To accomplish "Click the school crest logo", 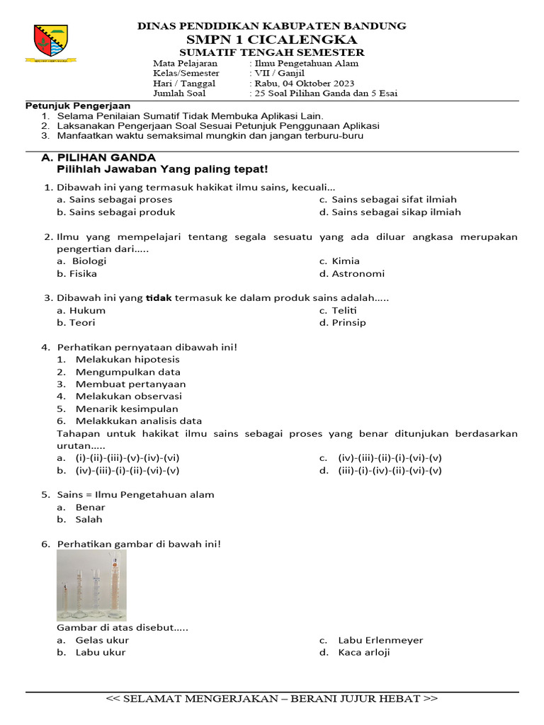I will click(52, 43).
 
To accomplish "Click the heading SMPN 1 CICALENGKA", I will click(272, 40).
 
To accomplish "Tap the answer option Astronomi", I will click(358, 273).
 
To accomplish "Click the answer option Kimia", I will click(345, 261).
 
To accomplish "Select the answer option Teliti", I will click(344, 310).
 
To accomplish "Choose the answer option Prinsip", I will click(348, 322).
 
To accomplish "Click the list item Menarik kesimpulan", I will click(127, 409).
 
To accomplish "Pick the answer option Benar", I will click(90, 507).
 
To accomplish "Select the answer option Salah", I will click(89, 519).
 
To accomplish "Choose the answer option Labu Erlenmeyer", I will click(380, 640).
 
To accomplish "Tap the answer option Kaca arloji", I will click(363, 652).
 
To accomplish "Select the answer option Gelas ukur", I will click(102, 640).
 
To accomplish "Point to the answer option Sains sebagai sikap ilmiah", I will click(395, 212).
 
